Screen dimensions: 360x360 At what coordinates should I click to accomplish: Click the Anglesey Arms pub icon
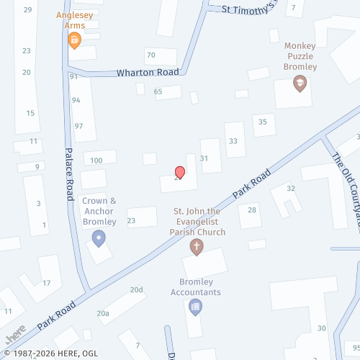[73, 41]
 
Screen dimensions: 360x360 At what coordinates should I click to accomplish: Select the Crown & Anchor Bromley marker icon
[99, 238]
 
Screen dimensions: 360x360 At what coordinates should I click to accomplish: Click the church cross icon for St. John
[197, 247]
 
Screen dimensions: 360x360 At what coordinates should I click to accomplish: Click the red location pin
[180, 173]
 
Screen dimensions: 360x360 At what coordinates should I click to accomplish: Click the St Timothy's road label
[248, 9]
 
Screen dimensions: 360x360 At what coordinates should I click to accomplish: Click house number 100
[96, 160]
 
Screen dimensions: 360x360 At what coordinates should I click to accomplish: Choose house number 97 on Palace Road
[79, 127]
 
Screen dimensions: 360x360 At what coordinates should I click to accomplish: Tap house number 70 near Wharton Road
[150, 55]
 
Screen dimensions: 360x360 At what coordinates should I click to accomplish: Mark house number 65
[158, 91]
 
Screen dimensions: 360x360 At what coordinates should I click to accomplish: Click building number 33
[233, 142]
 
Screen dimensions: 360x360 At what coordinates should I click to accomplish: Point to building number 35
[263, 122]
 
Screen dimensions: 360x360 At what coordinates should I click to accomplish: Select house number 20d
[137, 289]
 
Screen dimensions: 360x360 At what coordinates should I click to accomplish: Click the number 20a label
[103, 313]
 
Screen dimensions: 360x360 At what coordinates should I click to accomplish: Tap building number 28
[252, 210]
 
